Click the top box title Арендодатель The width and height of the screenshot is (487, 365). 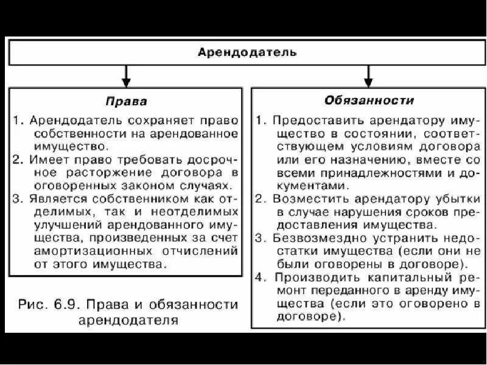click(x=247, y=52)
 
